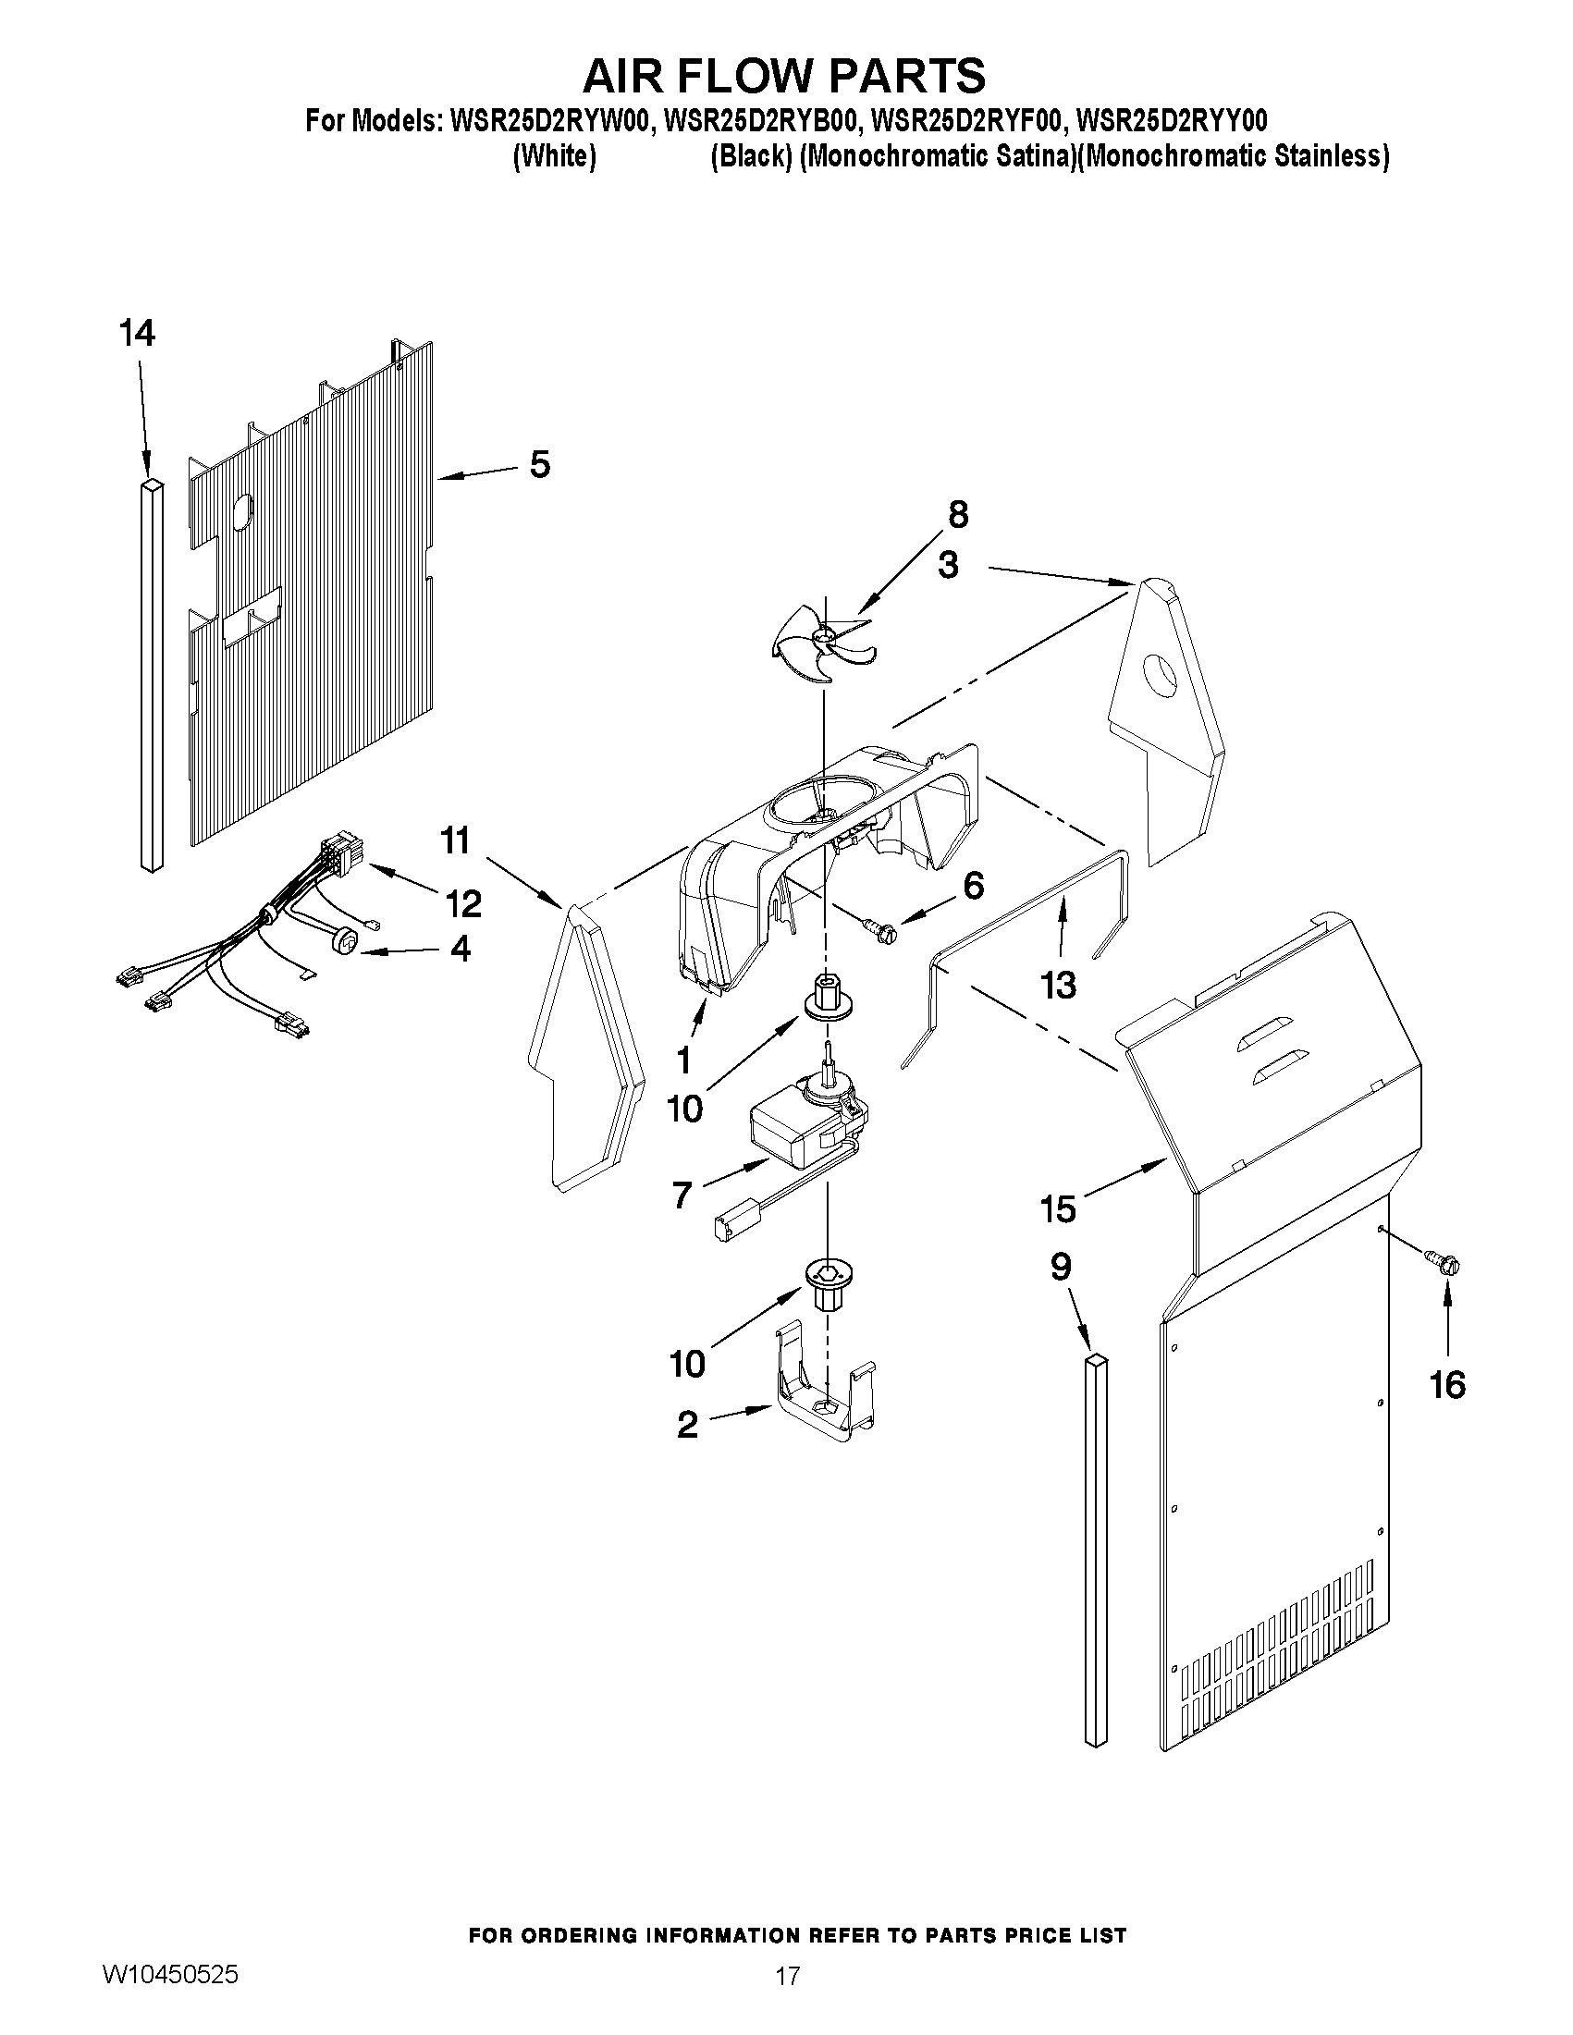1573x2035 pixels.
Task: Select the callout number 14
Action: click(137, 333)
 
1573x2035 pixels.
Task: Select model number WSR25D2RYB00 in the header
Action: click(757, 121)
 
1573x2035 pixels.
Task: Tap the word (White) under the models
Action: click(555, 156)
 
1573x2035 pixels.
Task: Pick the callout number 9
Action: click(1061, 1267)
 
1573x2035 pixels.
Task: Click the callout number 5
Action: click(539, 464)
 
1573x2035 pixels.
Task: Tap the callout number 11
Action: click(455, 840)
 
